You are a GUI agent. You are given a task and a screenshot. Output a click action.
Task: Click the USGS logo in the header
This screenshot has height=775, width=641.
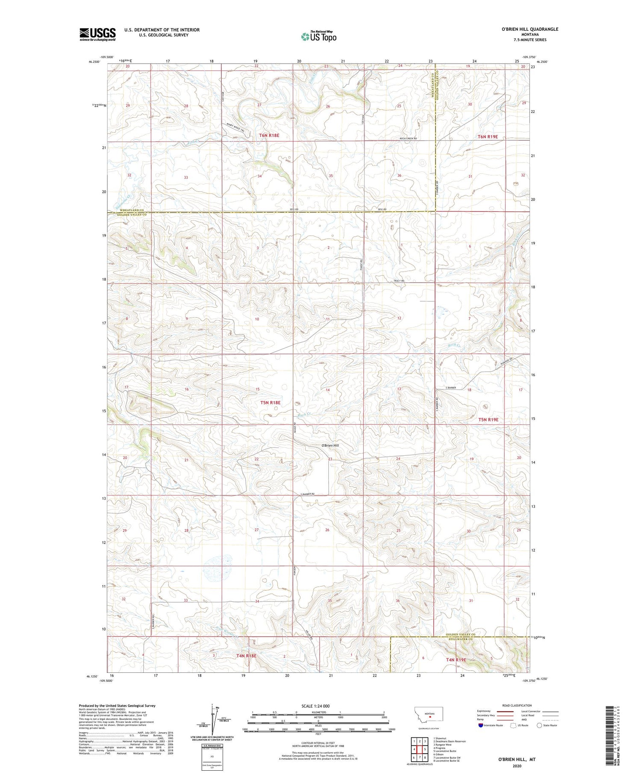pos(97,34)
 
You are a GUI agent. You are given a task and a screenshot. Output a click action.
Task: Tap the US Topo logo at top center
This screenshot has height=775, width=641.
pos(319,37)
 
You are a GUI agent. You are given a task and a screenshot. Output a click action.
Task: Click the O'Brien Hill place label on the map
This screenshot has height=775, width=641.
pos(330,445)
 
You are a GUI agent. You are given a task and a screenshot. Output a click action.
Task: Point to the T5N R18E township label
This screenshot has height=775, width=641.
pos(270,402)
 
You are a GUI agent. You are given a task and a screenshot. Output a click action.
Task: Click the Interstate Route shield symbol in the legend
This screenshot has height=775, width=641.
pos(480,725)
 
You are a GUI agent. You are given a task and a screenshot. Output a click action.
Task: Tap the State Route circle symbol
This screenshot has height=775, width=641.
pos(539,725)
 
